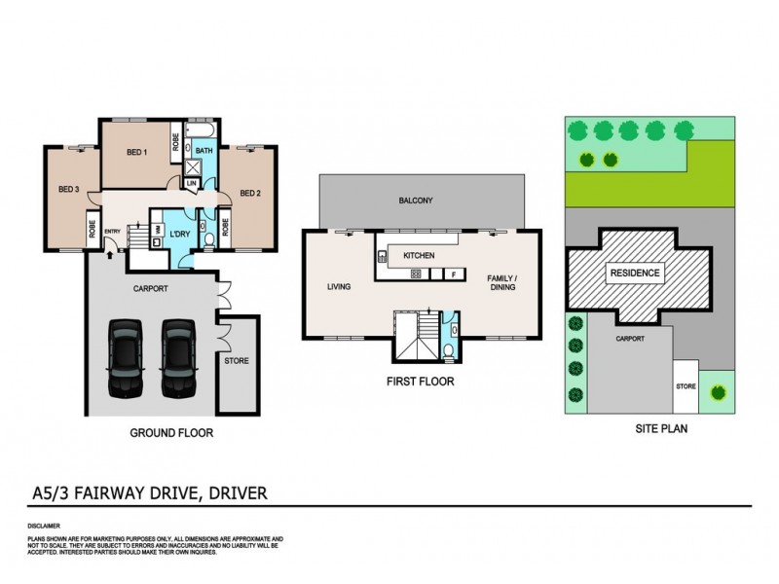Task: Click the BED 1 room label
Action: click(136, 153)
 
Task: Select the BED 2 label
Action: click(250, 193)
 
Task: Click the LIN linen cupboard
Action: click(192, 183)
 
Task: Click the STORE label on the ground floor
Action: click(237, 361)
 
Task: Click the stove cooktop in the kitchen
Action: click(416, 274)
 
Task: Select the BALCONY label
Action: click(416, 201)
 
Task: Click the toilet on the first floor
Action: click(446, 351)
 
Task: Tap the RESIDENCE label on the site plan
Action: click(635, 274)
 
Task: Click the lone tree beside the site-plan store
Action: click(719, 392)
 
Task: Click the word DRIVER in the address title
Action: click(227, 493)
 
